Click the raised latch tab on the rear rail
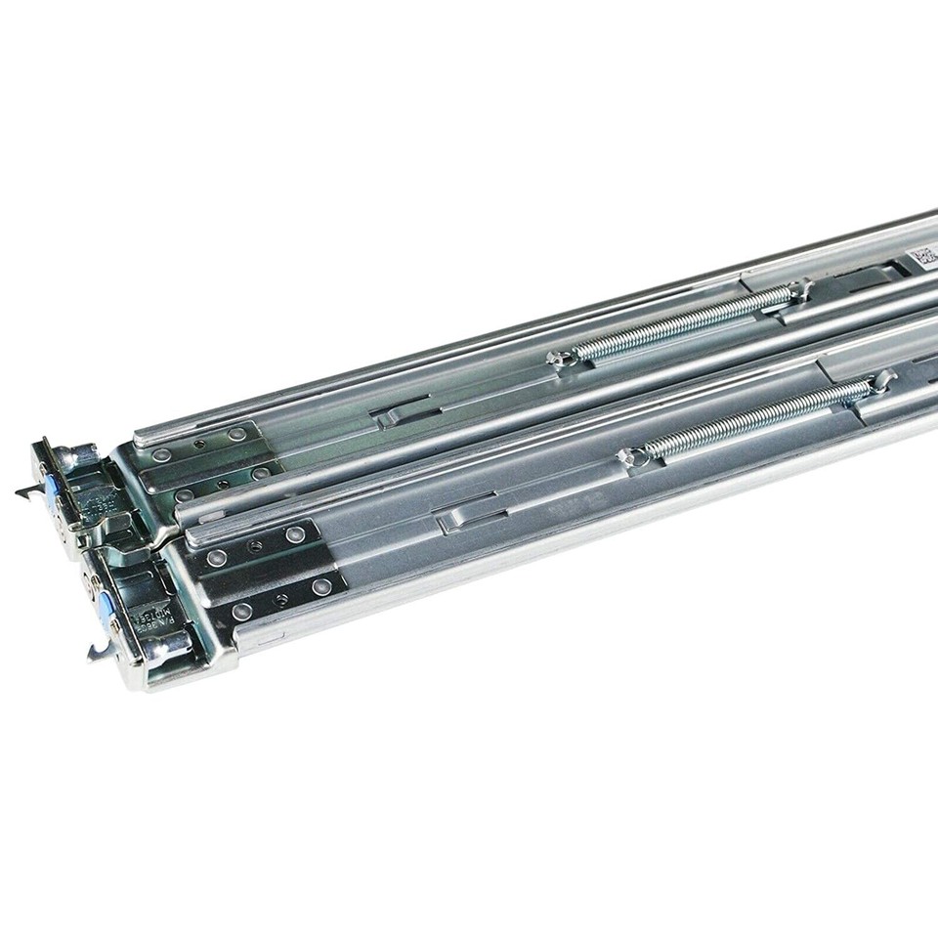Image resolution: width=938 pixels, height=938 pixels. pyautogui.click(x=391, y=417)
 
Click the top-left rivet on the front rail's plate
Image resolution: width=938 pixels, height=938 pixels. pyautogui.click(x=217, y=558)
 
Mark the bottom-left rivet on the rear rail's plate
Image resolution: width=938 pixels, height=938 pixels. pyautogui.click(x=184, y=495)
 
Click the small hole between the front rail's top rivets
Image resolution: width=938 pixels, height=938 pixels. pyautogui.click(x=255, y=547)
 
